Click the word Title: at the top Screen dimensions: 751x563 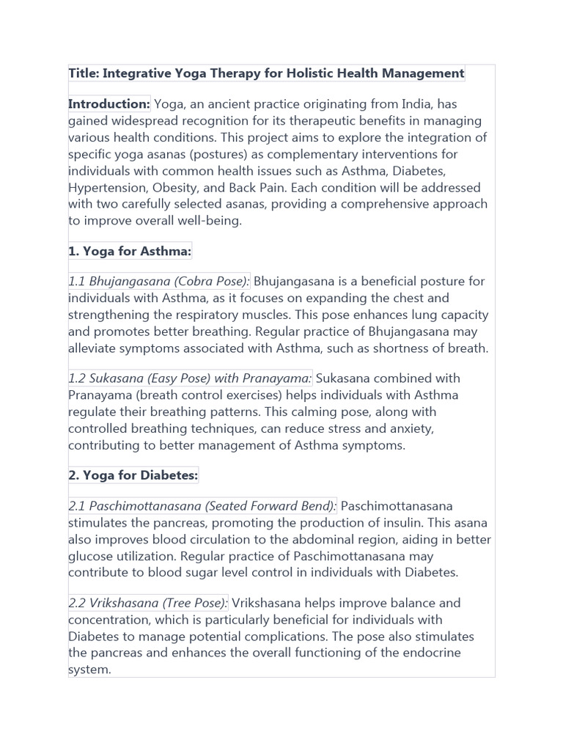84,73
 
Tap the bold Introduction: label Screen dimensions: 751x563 109,104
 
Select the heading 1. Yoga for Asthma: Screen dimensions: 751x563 130,252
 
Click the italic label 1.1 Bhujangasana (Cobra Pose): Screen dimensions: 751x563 159,282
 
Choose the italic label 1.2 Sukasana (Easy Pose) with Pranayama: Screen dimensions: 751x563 190,378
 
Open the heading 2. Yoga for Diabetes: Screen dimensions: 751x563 133,475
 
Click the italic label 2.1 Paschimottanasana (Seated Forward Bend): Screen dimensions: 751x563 202,506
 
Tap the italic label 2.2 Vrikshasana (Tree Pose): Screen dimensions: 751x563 148,603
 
